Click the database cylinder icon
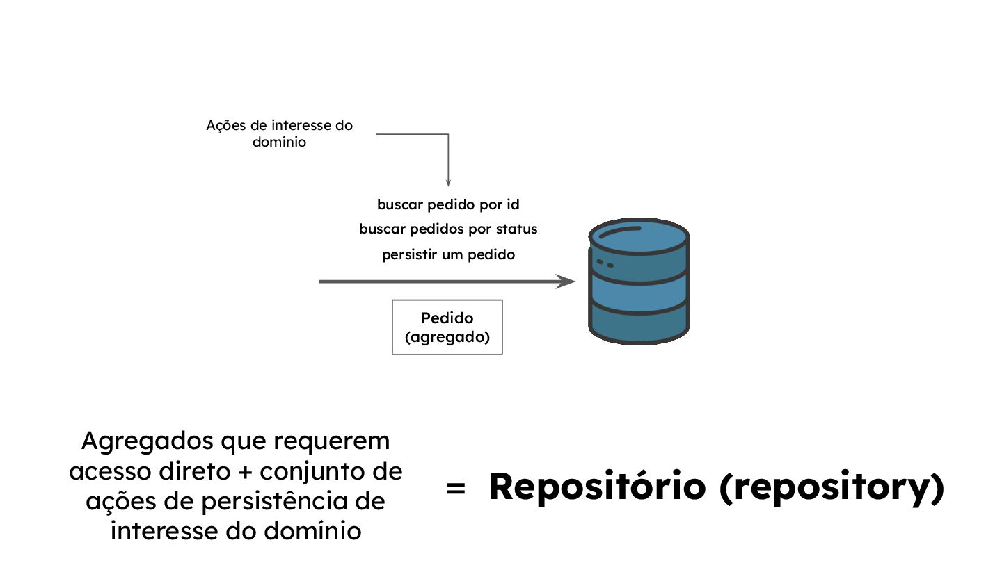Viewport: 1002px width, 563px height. (639, 281)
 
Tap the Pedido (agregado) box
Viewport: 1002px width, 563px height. (447, 327)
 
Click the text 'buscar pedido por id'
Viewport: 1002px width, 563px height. (448, 205)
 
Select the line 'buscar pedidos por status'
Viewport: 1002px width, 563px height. (448, 229)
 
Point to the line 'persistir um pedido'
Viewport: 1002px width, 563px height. (448, 254)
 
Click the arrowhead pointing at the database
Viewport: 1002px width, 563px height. (567, 281)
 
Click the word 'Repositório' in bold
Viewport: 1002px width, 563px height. (596, 487)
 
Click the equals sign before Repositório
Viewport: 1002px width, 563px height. (455, 489)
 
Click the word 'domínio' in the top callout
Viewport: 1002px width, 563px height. (279, 143)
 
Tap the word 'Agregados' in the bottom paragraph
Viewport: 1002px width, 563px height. (148, 441)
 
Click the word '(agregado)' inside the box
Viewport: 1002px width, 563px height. (447, 337)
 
